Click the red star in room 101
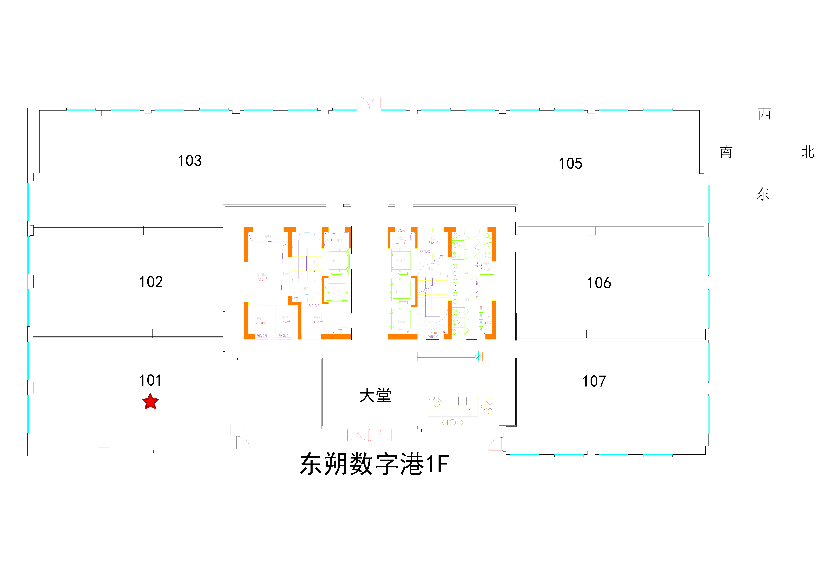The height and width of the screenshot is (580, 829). coord(150,402)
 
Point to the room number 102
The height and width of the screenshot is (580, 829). coord(151,282)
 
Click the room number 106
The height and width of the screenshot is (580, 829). coord(599,283)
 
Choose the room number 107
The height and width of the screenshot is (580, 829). coord(594,381)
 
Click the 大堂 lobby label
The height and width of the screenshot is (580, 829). coord(375,396)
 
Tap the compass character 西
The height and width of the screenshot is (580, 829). coord(764,114)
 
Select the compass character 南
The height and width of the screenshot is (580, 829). coord(726,152)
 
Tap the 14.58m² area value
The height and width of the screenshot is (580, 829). coord(261,279)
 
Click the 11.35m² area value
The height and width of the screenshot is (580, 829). coord(317,322)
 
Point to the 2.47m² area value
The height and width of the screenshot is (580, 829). coord(401,242)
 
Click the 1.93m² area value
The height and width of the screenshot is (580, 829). coord(433,332)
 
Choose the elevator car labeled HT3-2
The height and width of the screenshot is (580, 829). coord(400,291)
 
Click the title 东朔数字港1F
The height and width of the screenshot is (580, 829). coord(374,464)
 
